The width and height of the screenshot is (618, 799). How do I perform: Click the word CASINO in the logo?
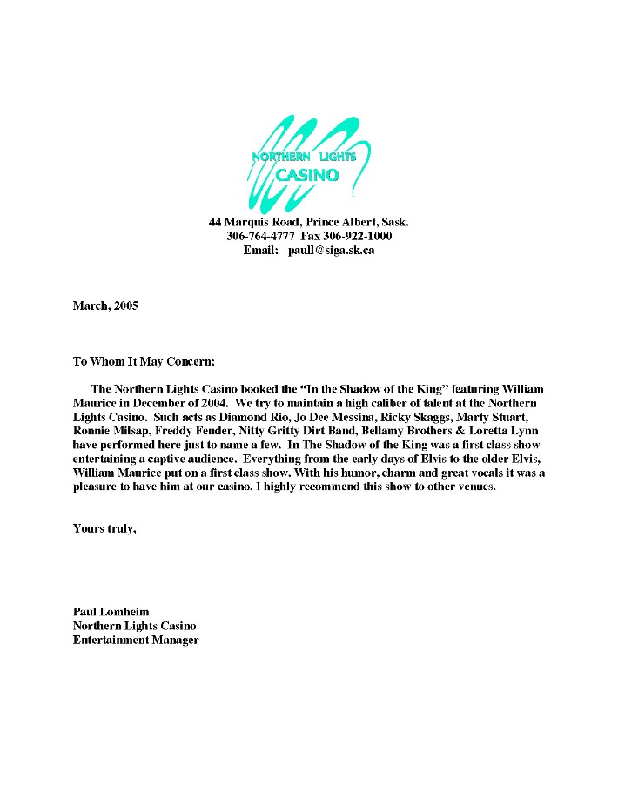click(x=306, y=175)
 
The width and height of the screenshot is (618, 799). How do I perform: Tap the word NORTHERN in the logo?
click(x=280, y=157)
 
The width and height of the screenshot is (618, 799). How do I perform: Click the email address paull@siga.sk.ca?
click(x=332, y=250)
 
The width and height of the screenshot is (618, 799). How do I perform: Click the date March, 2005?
click(x=105, y=305)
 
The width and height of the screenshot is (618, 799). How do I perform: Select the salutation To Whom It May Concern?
click(x=143, y=360)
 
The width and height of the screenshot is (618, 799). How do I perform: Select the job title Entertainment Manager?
click(x=136, y=640)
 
